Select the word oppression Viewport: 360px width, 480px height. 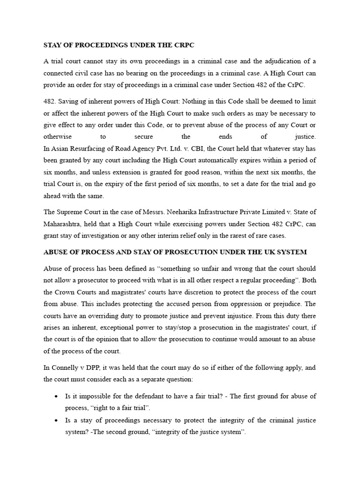(x=255, y=304)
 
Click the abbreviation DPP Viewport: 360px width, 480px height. (x=94, y=367)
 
